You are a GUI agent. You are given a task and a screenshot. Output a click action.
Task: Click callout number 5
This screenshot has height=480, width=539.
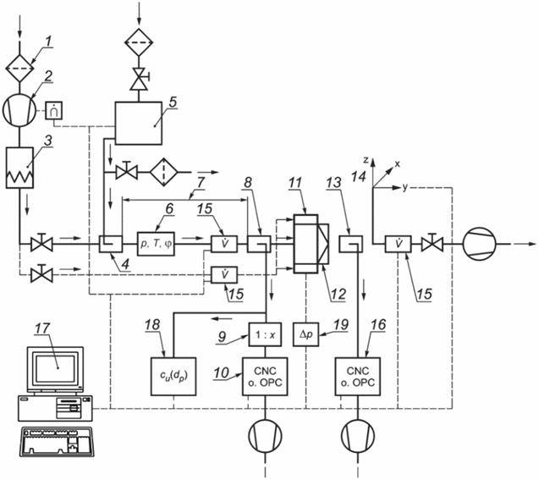[x=173, y=100]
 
